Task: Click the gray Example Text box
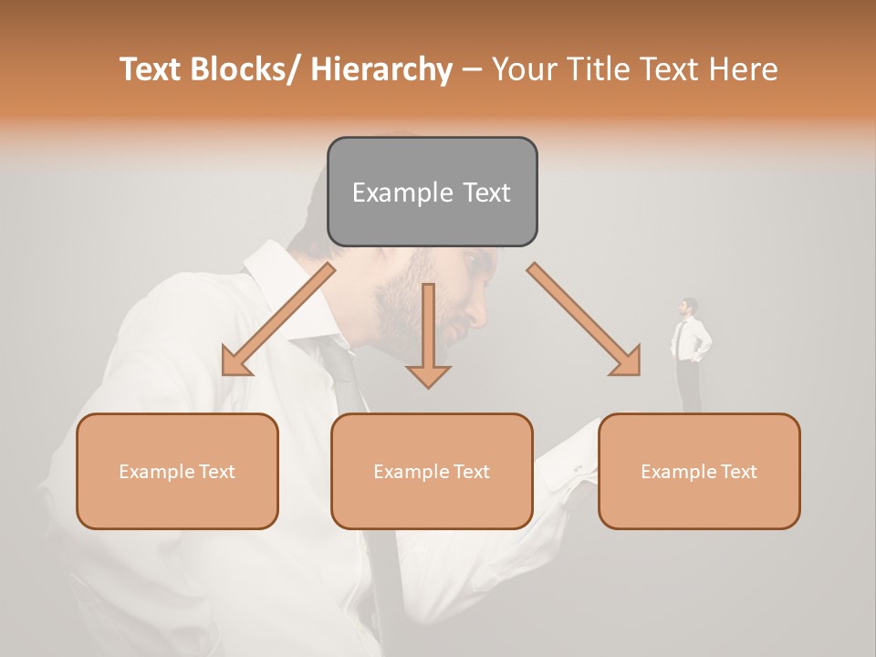[x=432, y=192]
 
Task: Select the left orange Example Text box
[x=177, y=471]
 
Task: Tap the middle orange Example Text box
[x=432, y=471]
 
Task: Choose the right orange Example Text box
[x=699, y=471]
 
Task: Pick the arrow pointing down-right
[x=584, y=319]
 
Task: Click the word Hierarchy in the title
[x=381, y=69]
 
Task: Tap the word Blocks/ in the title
[x=246, y=69]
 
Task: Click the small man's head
[x=689, y=306]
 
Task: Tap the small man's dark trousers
[x=690, y=388]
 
